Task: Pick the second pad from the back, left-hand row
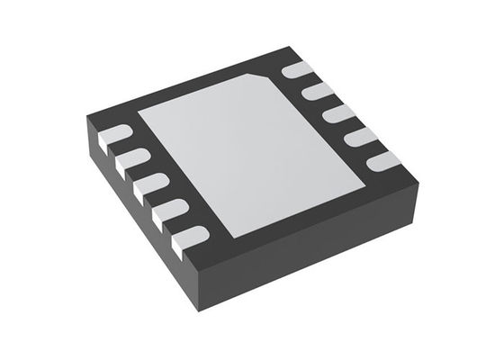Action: click(129, 162)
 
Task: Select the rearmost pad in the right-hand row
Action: click(293, 72)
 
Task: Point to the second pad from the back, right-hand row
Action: click(315, 92)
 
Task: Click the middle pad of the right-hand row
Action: click(337, 114)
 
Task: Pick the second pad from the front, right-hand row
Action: click(359, 137)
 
